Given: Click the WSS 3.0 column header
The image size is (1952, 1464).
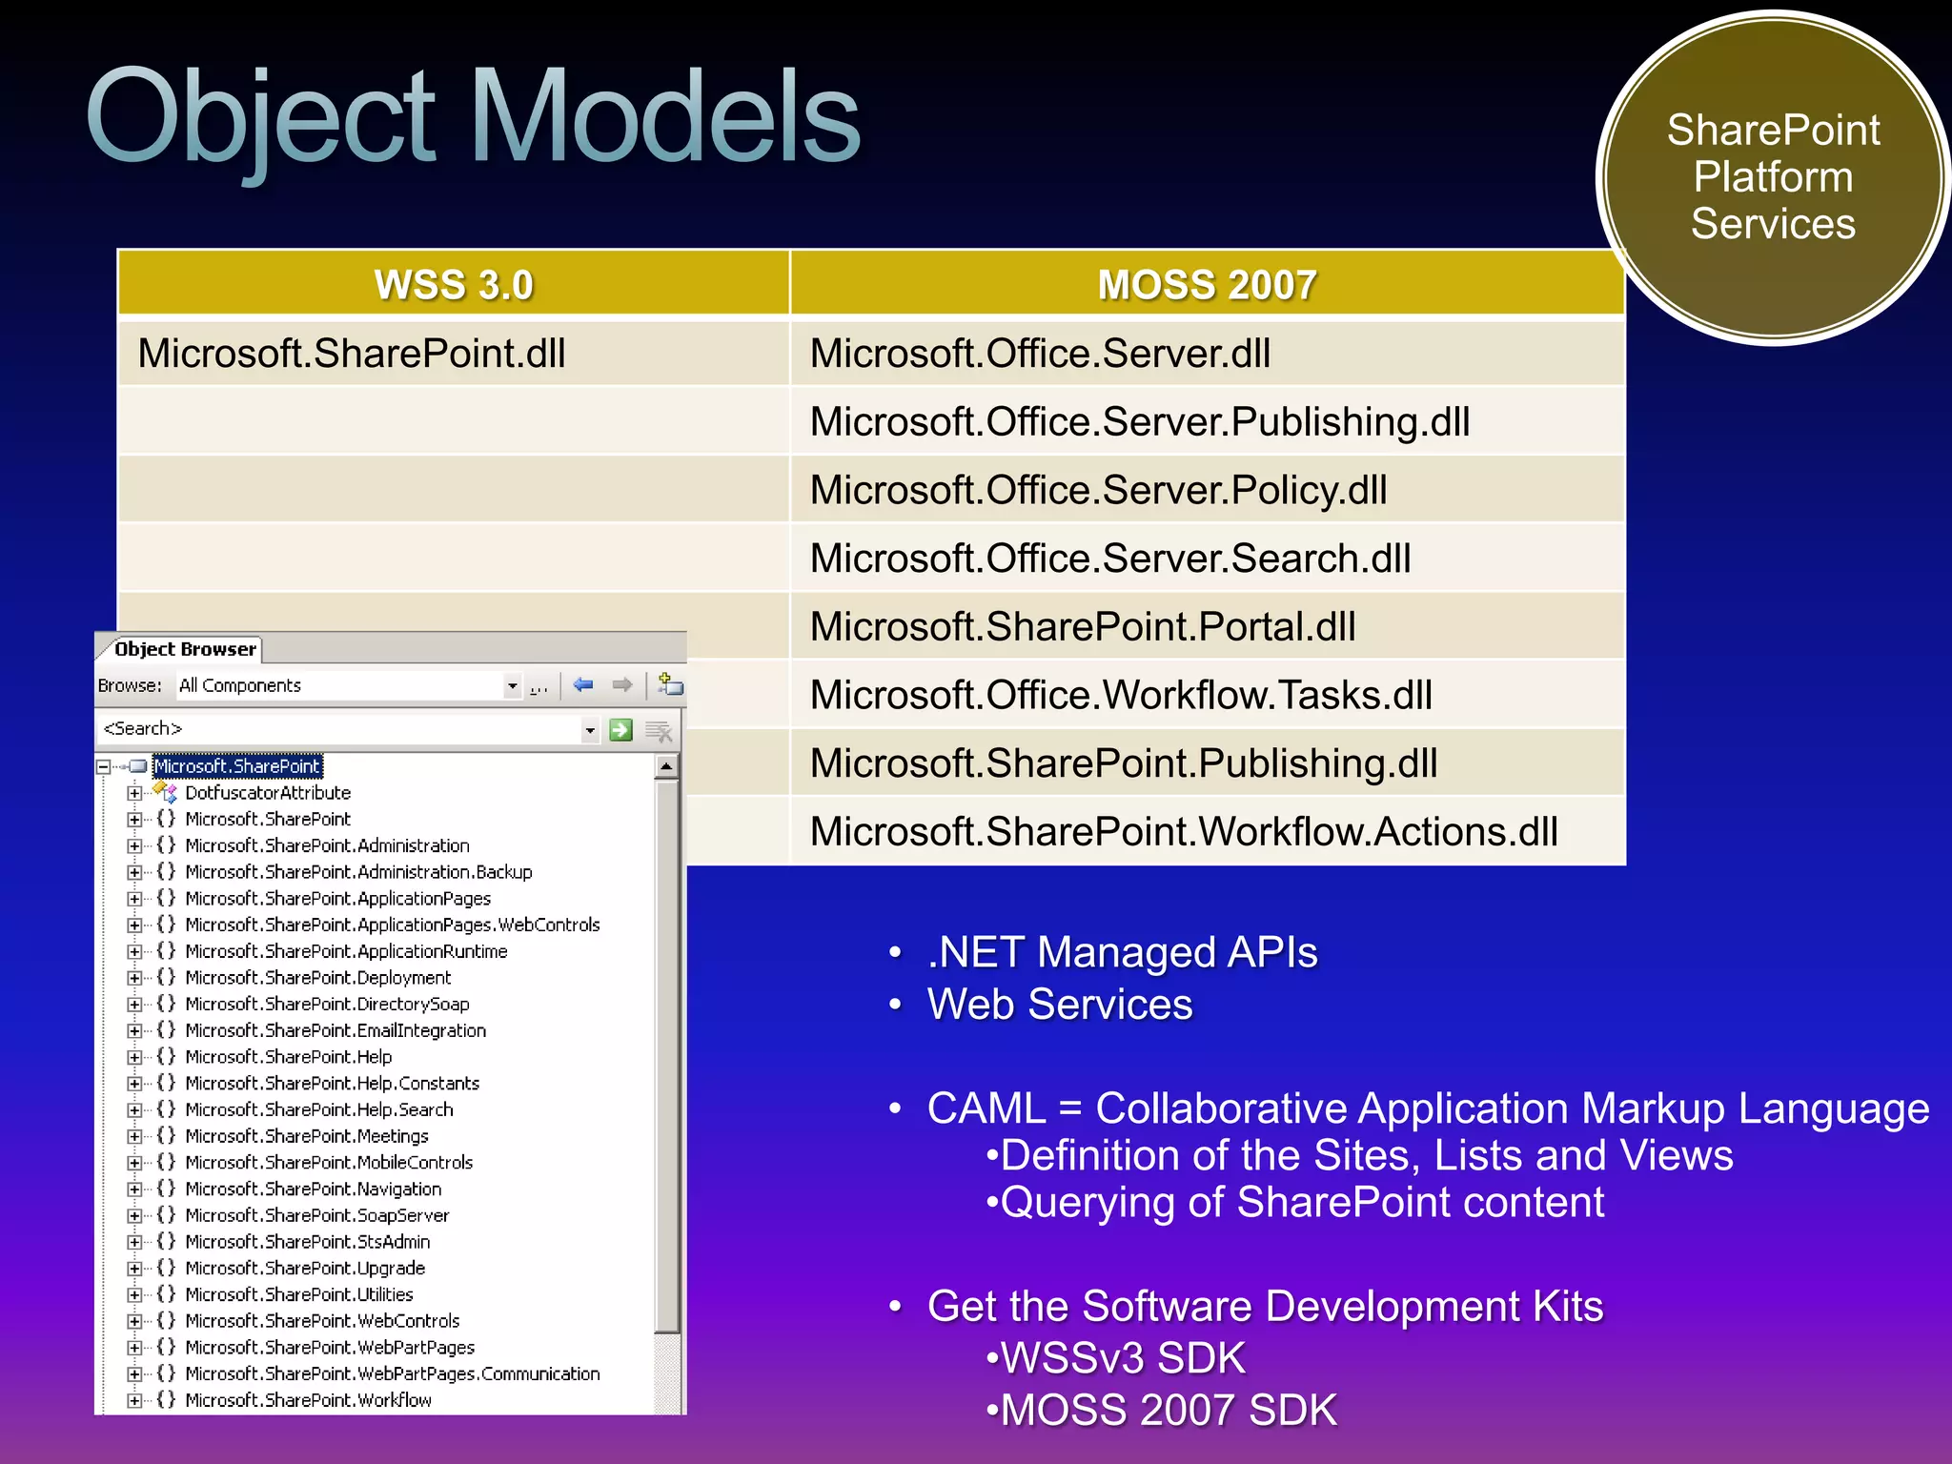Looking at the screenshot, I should coord(454,285).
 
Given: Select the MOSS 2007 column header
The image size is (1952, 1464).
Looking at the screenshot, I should coord(1207,285).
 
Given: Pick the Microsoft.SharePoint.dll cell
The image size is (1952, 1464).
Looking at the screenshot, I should coord(353,354).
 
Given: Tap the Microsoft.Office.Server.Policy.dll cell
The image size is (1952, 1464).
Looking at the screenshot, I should coord(1098,490).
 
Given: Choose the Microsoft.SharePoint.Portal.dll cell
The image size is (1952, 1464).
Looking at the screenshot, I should coord(1083,627).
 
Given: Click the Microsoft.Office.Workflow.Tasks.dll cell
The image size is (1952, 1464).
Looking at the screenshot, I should coord(1121,695).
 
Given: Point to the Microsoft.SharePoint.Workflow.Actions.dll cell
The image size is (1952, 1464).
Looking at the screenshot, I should coord(1184,832).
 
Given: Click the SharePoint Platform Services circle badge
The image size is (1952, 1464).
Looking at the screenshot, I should coord(1773,178).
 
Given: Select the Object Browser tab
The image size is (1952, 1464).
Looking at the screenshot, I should coord(185,649).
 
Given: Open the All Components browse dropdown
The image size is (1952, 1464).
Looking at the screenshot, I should coord(513,686).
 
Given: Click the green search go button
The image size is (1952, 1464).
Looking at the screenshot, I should coord(620,730).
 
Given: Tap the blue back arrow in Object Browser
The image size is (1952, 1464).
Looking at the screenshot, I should coord(583,685).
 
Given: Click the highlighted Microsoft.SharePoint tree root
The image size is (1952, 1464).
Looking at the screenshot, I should coord(237,766).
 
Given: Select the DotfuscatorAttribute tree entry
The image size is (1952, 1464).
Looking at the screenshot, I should coord(268,793).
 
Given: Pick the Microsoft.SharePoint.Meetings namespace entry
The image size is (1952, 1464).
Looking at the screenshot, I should coord(307,1136).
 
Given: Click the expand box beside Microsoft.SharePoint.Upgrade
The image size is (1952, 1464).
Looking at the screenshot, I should coord(134,1269).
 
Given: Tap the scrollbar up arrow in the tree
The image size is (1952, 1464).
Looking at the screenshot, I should coord(666,766).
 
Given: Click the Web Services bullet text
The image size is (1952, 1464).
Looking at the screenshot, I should coord(1060,1005).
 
